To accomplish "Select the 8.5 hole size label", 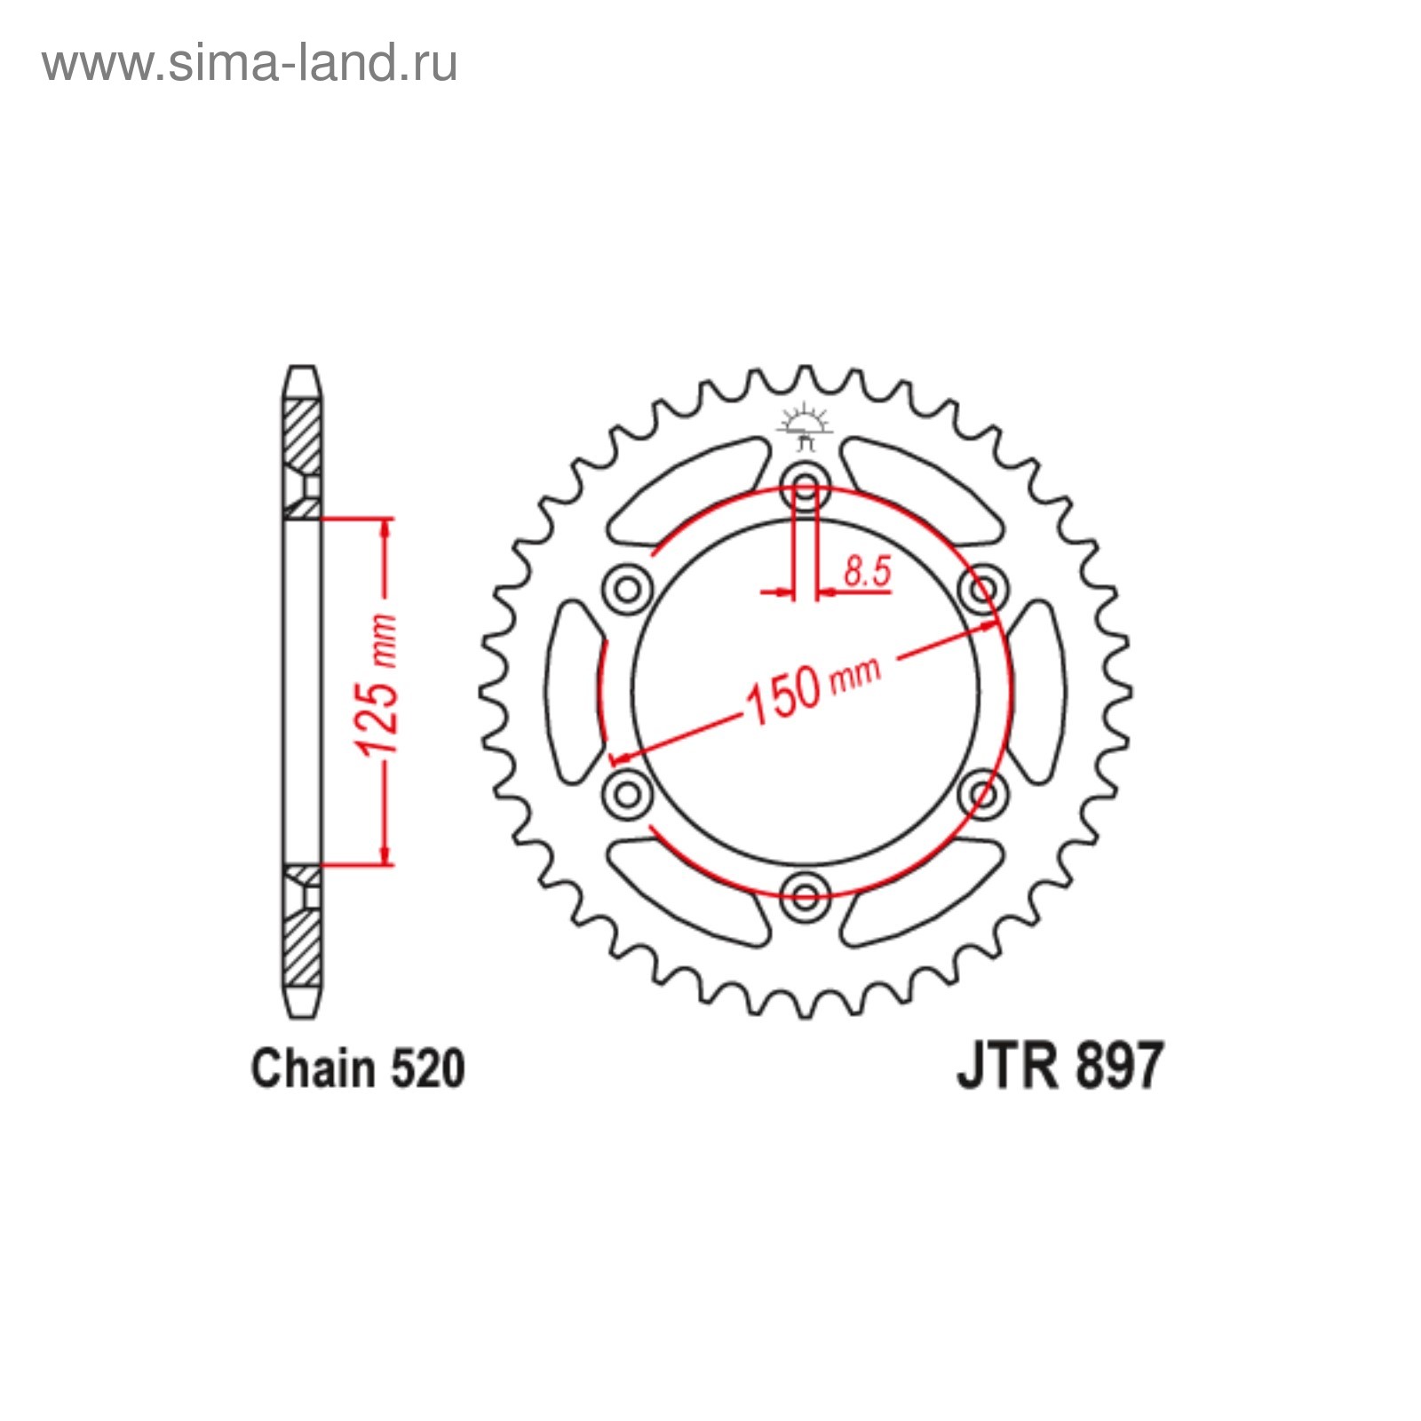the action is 867,570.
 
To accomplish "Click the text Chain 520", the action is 357,1068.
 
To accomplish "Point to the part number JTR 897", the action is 1060,1066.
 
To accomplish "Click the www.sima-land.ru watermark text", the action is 250,63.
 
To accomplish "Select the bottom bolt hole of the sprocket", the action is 806,895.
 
